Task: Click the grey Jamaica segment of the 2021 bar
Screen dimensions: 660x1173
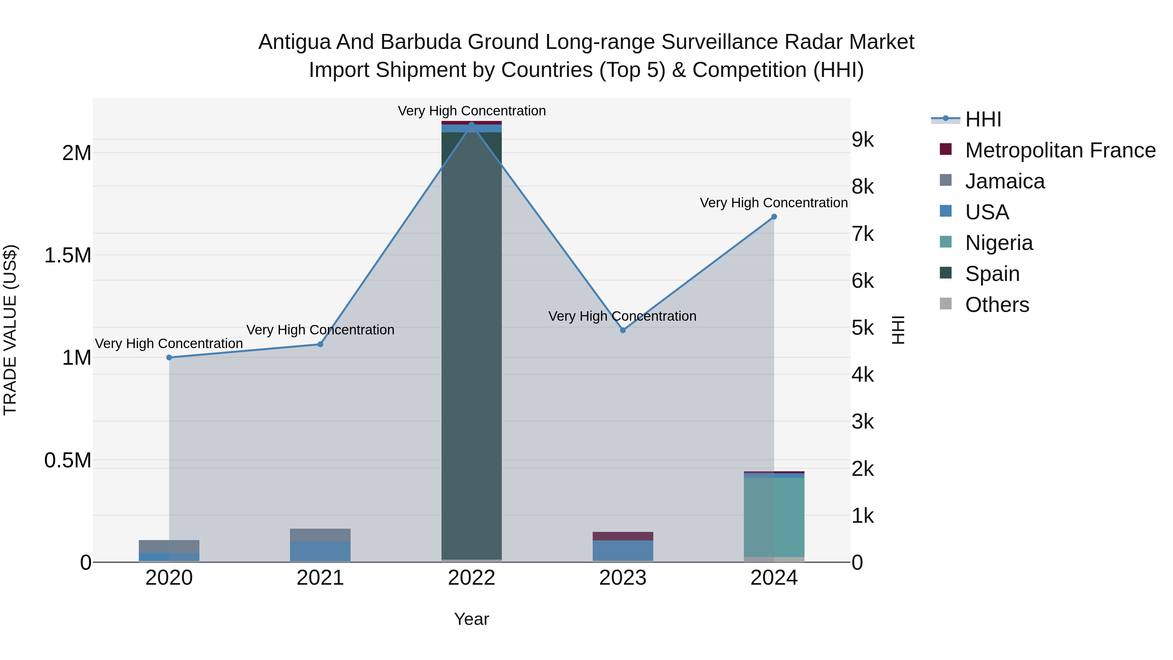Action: point(320,535)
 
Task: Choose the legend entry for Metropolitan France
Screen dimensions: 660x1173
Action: point(1060,150)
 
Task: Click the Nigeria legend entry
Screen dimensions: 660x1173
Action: point(999,243)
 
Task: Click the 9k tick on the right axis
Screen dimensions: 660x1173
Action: point(862,140)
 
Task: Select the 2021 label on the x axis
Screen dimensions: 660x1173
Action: point(320,578)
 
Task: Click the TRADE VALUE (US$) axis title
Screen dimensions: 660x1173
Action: point(10,330)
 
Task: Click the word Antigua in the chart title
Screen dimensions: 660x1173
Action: point(295,42)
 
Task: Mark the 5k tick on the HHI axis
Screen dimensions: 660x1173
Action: point(862,328)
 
